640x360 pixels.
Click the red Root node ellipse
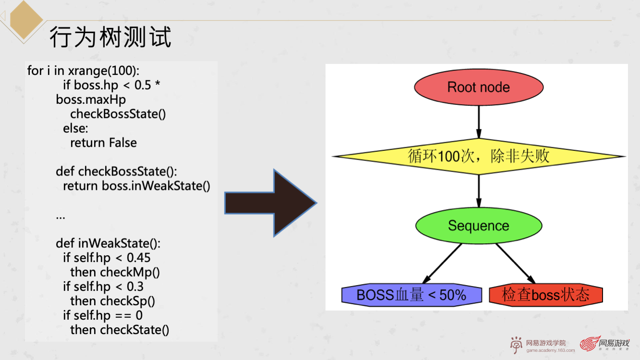[479, 87]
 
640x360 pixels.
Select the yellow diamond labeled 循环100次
[479, 156]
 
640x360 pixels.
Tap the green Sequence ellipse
[479, 225]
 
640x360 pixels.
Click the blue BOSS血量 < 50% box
[411, 295]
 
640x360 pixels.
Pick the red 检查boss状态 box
[545, 295]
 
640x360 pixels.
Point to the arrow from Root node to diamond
[479, 121]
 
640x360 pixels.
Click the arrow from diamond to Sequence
[479, 191]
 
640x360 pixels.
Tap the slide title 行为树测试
[111, 37]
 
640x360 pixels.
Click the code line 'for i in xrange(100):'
[83, 71]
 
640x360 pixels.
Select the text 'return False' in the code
[103, 143]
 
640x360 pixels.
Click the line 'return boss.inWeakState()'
[136, 186]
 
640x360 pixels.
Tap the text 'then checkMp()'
[115, 272]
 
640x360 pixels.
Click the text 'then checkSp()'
[113, 301]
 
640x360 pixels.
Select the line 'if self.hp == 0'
[103, 315]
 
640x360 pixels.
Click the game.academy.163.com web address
[550, 350]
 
